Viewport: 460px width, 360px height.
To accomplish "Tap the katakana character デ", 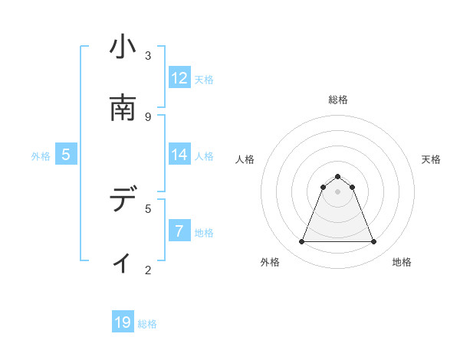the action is [123, 200].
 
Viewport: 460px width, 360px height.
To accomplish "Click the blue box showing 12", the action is [179, 78].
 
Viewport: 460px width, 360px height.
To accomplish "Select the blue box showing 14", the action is [179, 155].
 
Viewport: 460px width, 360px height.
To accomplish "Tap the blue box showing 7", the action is [179, 231].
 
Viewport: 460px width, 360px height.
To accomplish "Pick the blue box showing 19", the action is [123, 322].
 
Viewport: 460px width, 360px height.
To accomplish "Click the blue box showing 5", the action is [66, 155].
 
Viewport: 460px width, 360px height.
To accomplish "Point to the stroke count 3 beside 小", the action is [148, 56].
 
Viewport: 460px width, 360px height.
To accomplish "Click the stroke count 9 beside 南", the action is [148, 116].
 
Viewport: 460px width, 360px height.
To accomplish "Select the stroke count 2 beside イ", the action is [148, 270].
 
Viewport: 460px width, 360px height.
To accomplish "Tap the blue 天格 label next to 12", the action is [204, 79].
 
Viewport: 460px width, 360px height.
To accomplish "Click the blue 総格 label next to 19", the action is [147, 323].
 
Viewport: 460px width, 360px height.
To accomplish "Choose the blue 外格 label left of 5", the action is [41, 155].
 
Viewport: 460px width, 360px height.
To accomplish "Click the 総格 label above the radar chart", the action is [338, 100].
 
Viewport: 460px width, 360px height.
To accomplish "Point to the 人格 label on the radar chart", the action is [245, 159].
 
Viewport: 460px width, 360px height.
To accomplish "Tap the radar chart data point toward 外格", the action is [301, 242].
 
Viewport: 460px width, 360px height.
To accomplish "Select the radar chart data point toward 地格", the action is [373, 242].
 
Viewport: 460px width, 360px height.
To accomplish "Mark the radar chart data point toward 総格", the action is [338, 176].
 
